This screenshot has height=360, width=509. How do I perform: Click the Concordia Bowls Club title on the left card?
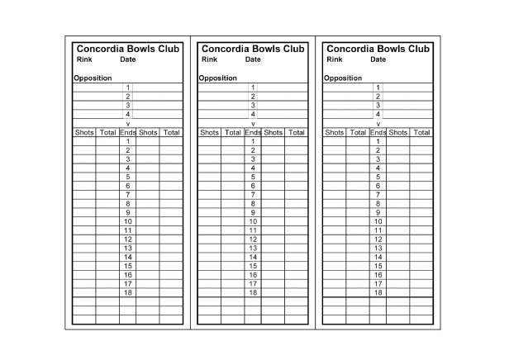[x=127, y=49]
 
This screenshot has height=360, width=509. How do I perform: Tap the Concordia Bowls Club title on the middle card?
[x=253, y=49]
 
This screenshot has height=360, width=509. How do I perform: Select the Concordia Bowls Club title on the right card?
[x=378, y=49]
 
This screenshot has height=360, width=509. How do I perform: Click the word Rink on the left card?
[x=84, y=59]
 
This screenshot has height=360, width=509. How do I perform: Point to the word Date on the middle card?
[x=253, y=59]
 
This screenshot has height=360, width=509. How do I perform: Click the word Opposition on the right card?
[x=342, y=78]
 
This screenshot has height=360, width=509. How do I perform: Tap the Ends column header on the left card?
[x=128, y=132]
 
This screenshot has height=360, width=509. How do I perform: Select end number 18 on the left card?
[x=128, y=292]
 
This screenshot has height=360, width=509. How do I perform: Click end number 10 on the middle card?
[x=253, y=221]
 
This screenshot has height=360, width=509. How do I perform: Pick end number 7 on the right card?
[x=378, y=195]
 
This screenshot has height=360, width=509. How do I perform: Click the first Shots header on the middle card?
[x=209, y=132]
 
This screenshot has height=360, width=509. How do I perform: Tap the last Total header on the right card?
[x=421, y=132]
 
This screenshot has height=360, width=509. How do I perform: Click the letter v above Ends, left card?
[x=128, y=124]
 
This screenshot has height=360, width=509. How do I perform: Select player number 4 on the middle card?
[x=253, y=115]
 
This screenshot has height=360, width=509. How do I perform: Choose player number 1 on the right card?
[x=378, y=88]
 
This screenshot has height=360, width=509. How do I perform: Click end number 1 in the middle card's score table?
[x=253, y=141]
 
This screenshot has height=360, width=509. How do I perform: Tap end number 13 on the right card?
[x=378, y=248]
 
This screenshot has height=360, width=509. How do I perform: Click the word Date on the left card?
[x=127, y=59]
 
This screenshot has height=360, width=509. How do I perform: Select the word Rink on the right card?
[x=335, y=59]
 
